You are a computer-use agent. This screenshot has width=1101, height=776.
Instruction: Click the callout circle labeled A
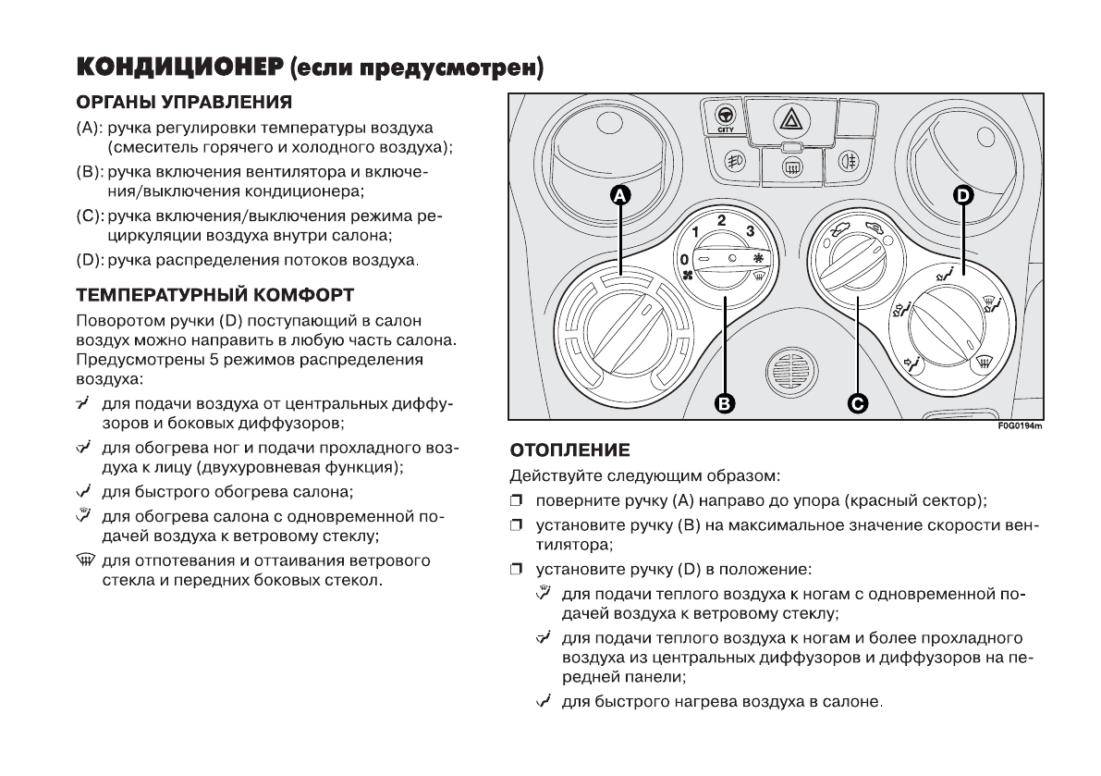[620, 194]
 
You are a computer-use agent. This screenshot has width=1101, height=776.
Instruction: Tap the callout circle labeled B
[726, 402]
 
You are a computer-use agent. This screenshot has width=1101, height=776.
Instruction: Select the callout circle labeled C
[858, 402]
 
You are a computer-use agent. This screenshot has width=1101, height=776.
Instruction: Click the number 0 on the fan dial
[684, 259]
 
